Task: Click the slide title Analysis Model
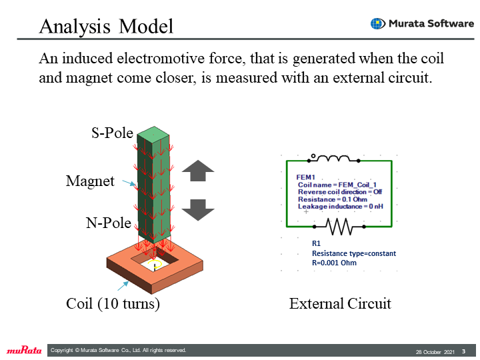[106, 26]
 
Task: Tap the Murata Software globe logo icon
[378, 23]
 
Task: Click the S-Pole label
[113, 133]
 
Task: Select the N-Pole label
[109, 223]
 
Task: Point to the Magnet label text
[90, 181]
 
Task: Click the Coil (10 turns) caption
[113, 304]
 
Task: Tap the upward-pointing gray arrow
[198, 171]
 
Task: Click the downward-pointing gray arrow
[198, 210]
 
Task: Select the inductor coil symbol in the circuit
[333, 158]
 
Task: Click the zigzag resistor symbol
[339, 227]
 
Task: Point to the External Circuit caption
[340, 304]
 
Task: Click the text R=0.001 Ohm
[334, 263]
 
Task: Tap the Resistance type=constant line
[354, 253]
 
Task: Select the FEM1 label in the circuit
[305, 177]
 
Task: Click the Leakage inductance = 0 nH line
[341, 206]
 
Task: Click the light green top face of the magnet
[153, 134]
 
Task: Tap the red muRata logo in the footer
[24, 350]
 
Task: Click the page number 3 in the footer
[464, 351]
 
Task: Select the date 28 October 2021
[435, 352]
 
